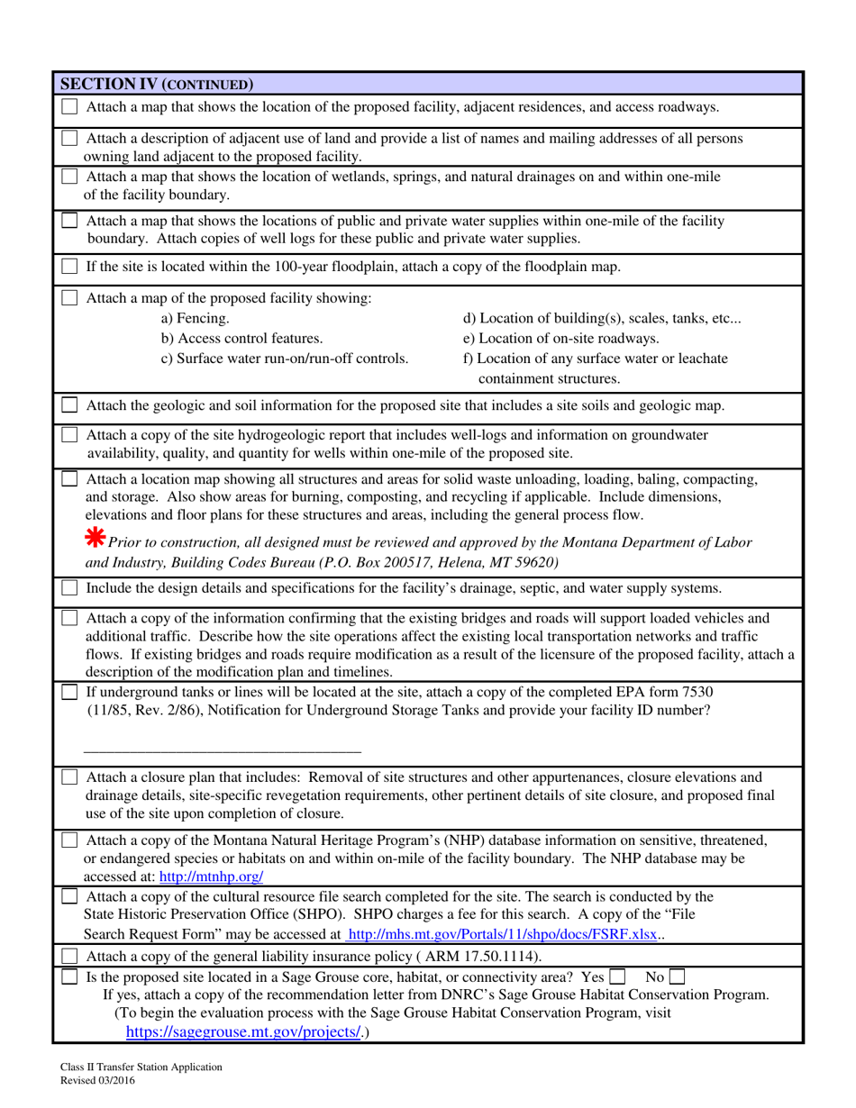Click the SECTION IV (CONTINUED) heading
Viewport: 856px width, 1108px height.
click(x=156, y=85)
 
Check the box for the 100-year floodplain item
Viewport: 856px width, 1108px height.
click(x=69, y=267)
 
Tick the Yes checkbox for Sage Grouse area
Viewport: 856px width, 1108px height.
click(x=617, y=976)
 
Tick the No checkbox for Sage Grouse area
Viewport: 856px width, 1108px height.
click(x=677, y=976)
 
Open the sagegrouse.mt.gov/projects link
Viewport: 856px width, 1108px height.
click(x=243, y=1032)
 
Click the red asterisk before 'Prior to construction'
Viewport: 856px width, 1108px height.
click(x=94, y=538)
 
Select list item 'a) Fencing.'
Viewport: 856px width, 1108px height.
click(x=195, y=318)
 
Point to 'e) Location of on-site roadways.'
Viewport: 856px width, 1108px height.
click(x=560, y=338)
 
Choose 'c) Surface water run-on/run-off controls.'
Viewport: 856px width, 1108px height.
click(x=284, y=358)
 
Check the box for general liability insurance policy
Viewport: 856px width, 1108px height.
click(x=69, y=956)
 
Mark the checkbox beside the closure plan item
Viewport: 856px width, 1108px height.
click(x=69, y=777)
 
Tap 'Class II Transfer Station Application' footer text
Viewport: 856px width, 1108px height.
click(x=136, y=1067)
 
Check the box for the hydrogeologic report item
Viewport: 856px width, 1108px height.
click(x=69, y=435)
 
